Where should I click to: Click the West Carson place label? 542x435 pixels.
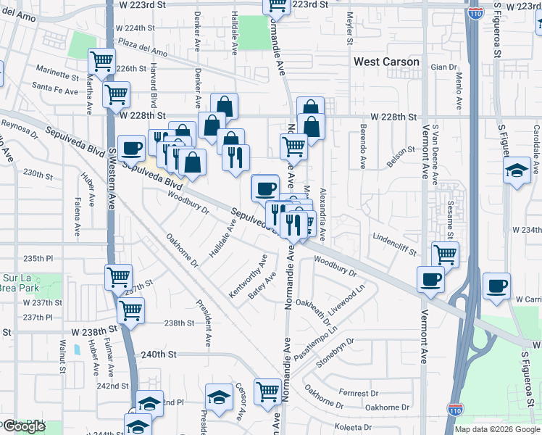pyautogui.click(x=386, y=62)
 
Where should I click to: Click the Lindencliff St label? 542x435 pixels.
pyautogui.click(x=394, y=244)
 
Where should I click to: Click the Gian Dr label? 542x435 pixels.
pyautogui.click(x=443, y=67)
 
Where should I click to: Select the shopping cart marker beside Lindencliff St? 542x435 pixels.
pyautogui.click(x=445, y=254)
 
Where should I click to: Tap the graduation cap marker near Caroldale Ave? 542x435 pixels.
pyautogui.click(x=517, y=171)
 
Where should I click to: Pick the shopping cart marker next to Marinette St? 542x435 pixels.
pyautogui.click(x=101, y=61)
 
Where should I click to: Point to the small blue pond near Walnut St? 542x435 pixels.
pyautogui.click(x=76, y=349)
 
